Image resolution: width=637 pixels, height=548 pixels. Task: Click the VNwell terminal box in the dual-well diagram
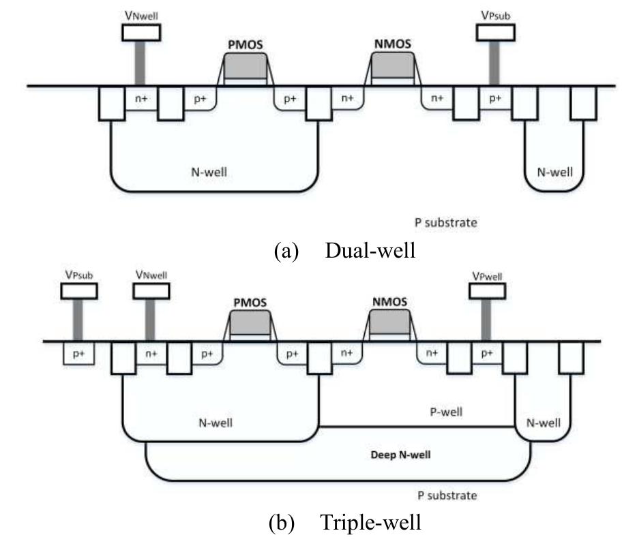coord(141,32)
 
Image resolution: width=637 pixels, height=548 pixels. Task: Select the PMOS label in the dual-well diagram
coord(244,46)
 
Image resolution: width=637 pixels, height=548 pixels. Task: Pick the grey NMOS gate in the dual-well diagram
coord(392,66)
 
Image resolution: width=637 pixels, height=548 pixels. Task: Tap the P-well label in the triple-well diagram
coord(446,412)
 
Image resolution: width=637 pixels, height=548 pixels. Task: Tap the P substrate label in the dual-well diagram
coord(446,222)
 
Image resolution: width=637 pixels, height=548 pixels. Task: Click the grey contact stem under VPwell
coord(486,320)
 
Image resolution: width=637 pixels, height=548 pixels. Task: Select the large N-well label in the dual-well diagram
coord(209,172)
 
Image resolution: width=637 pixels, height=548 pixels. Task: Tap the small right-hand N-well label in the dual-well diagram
coord(555,172)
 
